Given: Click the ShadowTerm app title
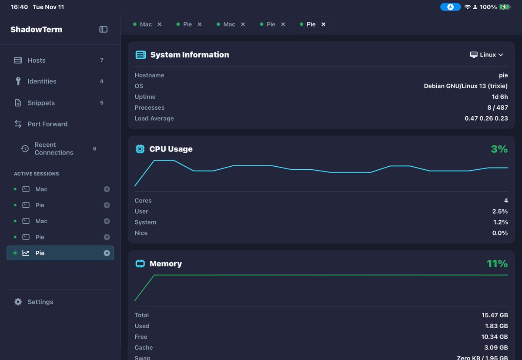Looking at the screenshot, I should tap(37, 30).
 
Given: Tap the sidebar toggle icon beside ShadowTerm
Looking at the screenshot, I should tap(103, 30).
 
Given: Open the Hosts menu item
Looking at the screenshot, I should tap(37, 61).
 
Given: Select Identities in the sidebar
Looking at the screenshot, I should tap(42, 81).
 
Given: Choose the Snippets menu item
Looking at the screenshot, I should tap(41, 103).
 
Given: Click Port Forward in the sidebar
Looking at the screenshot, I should tap(47, 124).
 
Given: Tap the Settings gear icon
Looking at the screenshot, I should tap(18, 302).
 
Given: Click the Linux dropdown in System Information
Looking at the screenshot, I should tap(487, 55).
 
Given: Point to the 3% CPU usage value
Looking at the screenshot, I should tap(499, 149).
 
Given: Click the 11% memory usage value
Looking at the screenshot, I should tap(497, 264).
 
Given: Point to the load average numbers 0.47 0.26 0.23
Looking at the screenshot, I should tap(486, 118).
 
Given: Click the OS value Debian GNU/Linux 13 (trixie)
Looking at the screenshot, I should tap(466, 86).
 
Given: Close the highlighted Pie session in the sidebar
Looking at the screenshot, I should tap(107, 253).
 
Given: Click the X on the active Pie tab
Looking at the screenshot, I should tap(323, 24).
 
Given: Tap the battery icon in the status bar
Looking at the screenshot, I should tap(505, 7).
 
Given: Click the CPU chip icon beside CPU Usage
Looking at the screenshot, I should tap(140, 149).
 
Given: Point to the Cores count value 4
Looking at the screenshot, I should tap(506, 201).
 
